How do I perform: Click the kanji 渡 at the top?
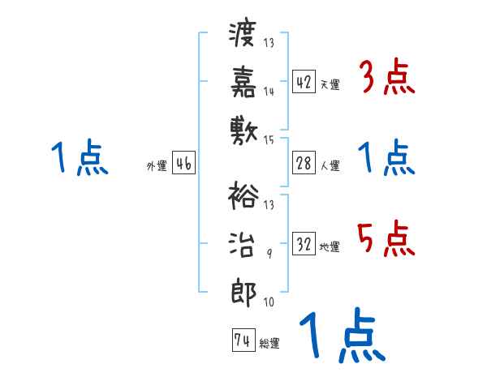(243, 35)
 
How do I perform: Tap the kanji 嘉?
(243, 80)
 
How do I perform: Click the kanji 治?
(243, 242)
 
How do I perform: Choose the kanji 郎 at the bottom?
(243, 289)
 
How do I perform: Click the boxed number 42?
(303, 82)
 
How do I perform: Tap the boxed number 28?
(303, 163)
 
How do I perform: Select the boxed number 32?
(303, 244)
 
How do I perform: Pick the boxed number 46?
(183, 163)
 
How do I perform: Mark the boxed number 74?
(242, 340)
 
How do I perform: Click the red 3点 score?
(386, 78)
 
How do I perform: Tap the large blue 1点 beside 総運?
(341, 336)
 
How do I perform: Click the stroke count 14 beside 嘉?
(269, 92)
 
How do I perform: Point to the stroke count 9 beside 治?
(269, 254)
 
